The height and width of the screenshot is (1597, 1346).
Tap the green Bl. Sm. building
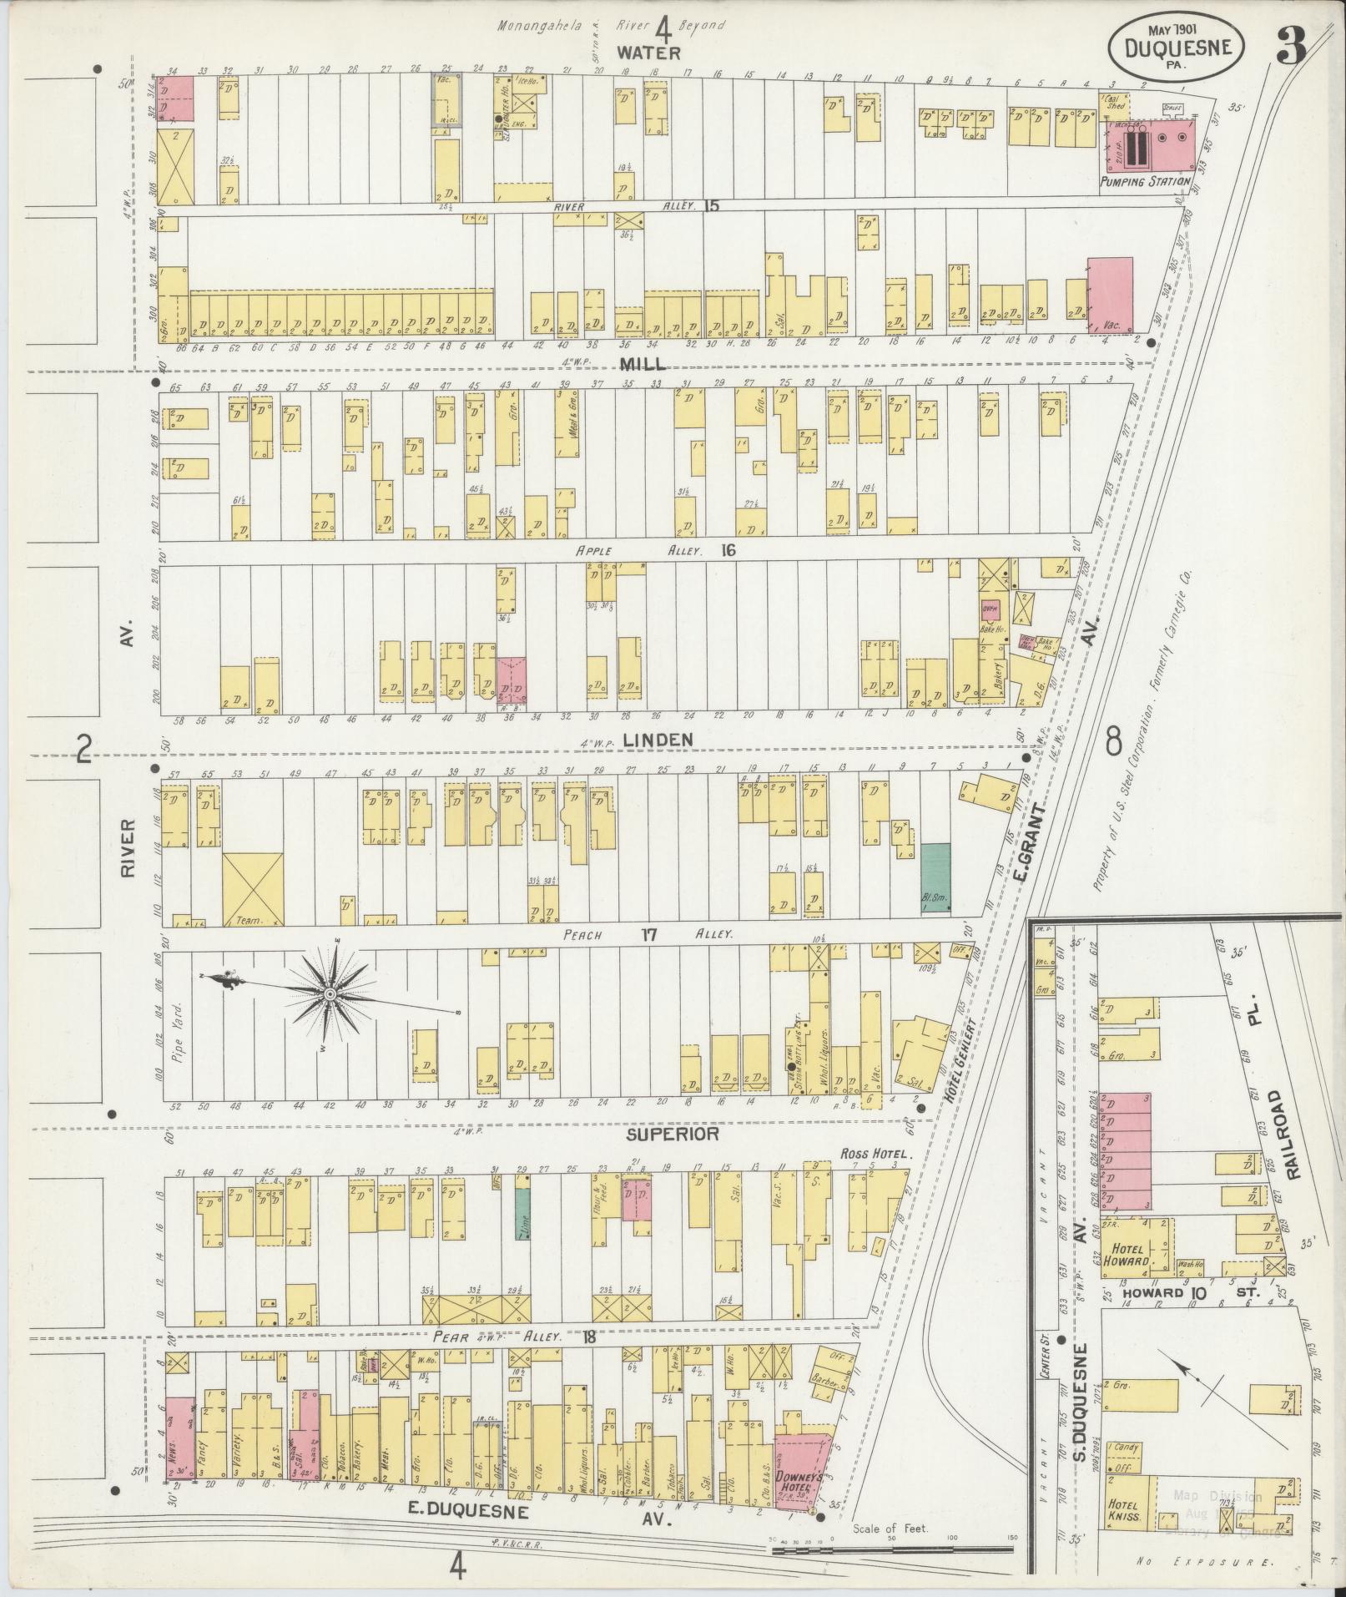(935, 878)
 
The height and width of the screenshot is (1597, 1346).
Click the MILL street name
(643, 364)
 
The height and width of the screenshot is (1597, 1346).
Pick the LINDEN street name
(658, 740)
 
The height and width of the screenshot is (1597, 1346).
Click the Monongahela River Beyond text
(611, 25)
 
